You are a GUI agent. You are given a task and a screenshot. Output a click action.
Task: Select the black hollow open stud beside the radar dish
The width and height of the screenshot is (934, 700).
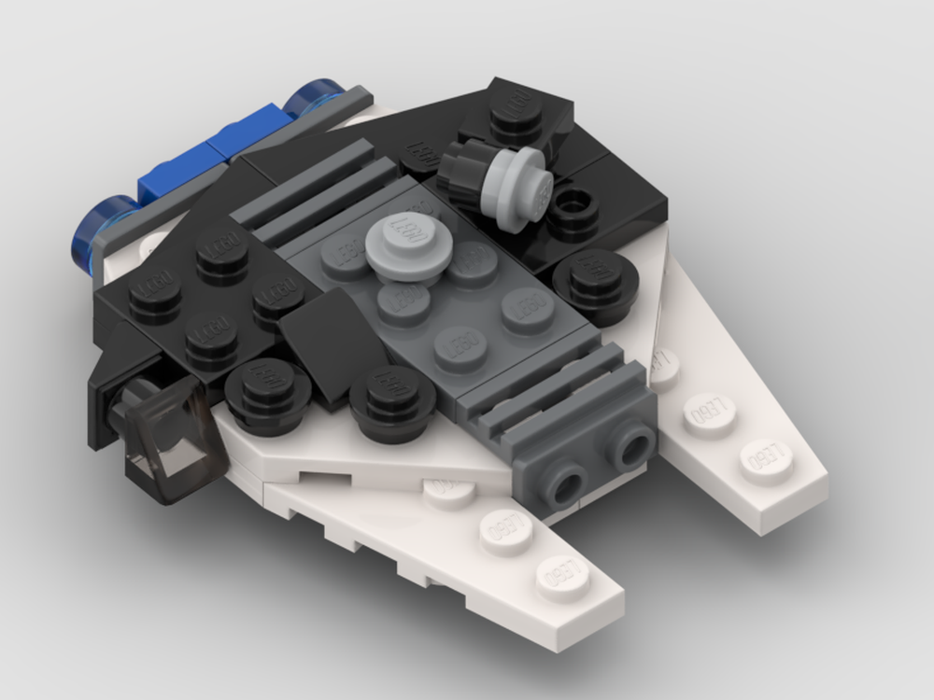(x=573, y=211)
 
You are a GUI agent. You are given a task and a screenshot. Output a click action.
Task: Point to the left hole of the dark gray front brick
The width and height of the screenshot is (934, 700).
(x=565, y=483)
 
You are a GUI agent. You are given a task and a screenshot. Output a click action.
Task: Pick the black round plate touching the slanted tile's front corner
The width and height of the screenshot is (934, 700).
(x=393, y=399)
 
